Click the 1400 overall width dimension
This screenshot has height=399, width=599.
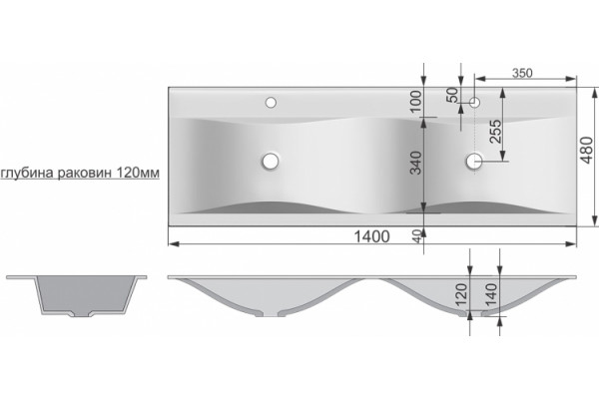tap(371, 236)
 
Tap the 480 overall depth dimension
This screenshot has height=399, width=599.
tap(587, 150)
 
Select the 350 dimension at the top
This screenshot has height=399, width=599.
tap(522, 73)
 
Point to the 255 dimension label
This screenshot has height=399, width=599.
tap(495, 132)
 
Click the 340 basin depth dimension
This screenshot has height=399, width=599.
tap(415, 163)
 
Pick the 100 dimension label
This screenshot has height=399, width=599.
tap(416, 101)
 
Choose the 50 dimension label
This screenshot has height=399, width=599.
tap(452, 95)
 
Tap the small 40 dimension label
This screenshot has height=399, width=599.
tap(417, 236)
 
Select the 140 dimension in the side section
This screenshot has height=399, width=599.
tap(491, 292)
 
